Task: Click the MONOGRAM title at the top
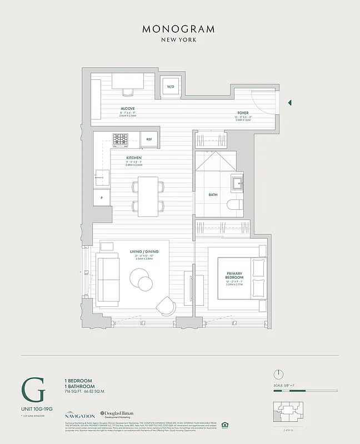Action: (x=179, y=29)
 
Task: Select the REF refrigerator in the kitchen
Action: (x=149, y=139)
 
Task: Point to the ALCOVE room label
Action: (x=128, y=108)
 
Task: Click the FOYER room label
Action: (x=244, y=112)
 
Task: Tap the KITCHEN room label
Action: (x=134, y=158)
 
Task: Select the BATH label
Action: (x=213, y=195)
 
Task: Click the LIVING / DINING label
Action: (x=144, y=251)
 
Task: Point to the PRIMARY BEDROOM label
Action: (x=234, y=276)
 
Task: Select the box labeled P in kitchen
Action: (x=102, y=198)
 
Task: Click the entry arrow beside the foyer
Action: (x=289, y=103)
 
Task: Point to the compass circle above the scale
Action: (x=279, y=374)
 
